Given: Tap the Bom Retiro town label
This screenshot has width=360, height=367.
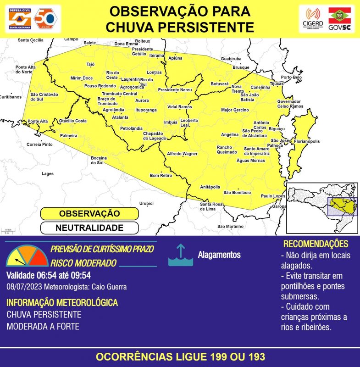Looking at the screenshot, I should click(161, 175).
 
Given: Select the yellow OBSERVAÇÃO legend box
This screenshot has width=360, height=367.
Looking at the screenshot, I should click(89, 214).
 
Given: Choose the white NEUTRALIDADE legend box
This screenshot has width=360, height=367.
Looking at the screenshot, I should click(89, 228).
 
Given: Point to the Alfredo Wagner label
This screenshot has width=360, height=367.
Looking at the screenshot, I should click(182, 154).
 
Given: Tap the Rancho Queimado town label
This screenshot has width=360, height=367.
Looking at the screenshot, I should click(227, 150).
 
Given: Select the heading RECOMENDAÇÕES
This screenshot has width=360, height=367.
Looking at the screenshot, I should click(316, 244).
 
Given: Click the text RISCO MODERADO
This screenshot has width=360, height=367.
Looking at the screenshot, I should click(83, 263).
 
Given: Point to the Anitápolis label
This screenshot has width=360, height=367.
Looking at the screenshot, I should click(210, 187).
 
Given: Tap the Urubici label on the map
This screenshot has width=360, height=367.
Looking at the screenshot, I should click(146, 203).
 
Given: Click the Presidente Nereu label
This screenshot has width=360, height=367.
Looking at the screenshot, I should click(175, 90).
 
